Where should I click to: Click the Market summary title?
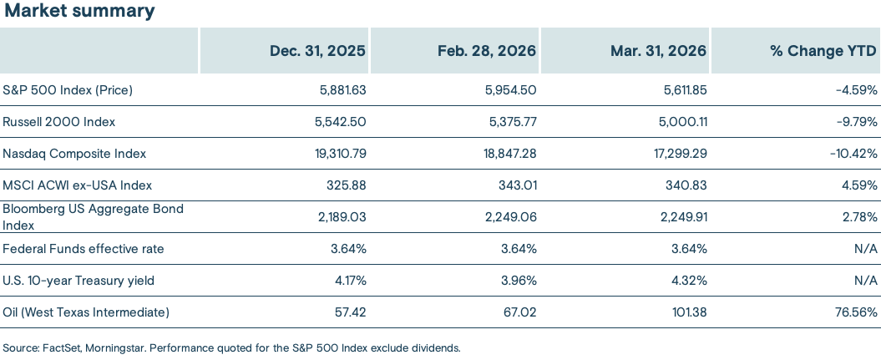point(79,11)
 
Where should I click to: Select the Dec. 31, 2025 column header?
point(317,51)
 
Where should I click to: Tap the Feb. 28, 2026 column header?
point(487,51)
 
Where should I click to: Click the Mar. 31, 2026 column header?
point(658,51)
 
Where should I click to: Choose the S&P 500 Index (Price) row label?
point(68,89)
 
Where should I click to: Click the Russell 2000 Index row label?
point(59,121)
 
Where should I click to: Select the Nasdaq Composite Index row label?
point(74,153)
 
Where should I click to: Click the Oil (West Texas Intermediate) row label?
point(86,312)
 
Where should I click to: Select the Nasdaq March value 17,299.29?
point(677,153)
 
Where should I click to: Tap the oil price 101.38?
point(687,312)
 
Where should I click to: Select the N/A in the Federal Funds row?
point(866,248)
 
